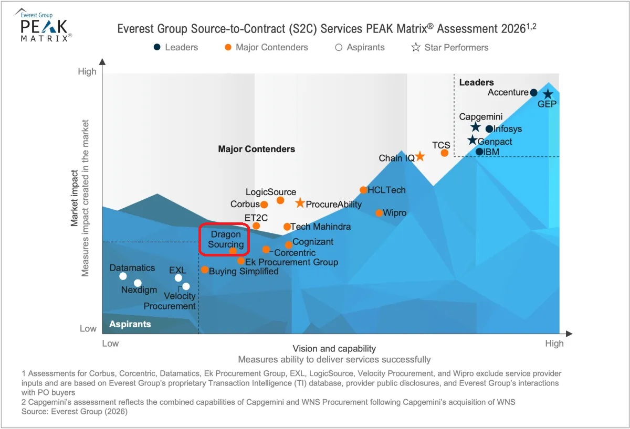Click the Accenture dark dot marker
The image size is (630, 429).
tap(533, 92)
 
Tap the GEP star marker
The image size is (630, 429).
tap(548, 94)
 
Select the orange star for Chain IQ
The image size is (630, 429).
tap(420, 156)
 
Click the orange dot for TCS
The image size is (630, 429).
tap(444, 153)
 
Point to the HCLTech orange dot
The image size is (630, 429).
tap(363, 190)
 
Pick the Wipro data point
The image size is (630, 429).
tap(379, 213)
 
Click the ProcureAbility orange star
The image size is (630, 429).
tap(300, 203)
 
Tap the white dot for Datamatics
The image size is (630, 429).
tap(123, 276)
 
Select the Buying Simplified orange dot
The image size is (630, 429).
tap(205, 270)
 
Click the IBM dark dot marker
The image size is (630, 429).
tap(479, 152)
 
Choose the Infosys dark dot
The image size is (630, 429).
tap(489, 129)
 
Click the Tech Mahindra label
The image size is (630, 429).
tap(321, 227)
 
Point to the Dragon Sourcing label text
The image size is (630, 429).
tap(226, 239)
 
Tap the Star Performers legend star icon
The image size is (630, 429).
tap(416, 47)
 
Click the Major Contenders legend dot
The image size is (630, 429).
tap(228, 48)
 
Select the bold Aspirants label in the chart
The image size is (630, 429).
tap(130, 324)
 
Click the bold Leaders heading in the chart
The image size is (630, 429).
tap(477, 82)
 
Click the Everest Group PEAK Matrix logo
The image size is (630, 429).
tap(43, 25)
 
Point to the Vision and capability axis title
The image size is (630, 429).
tap(334, 349)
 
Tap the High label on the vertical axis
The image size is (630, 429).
tap(87, 72)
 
